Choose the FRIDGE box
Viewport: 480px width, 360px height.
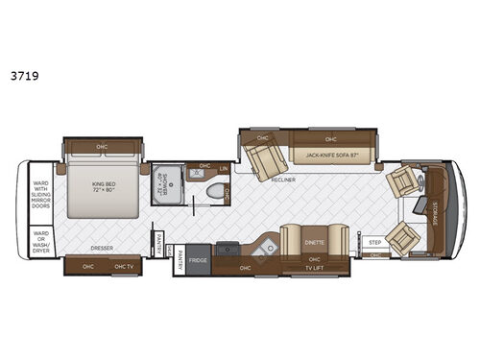(x=198, y=259)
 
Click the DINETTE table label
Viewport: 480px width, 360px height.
(x=315, y=243)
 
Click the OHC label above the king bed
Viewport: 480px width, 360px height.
(x=102, y=147)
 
